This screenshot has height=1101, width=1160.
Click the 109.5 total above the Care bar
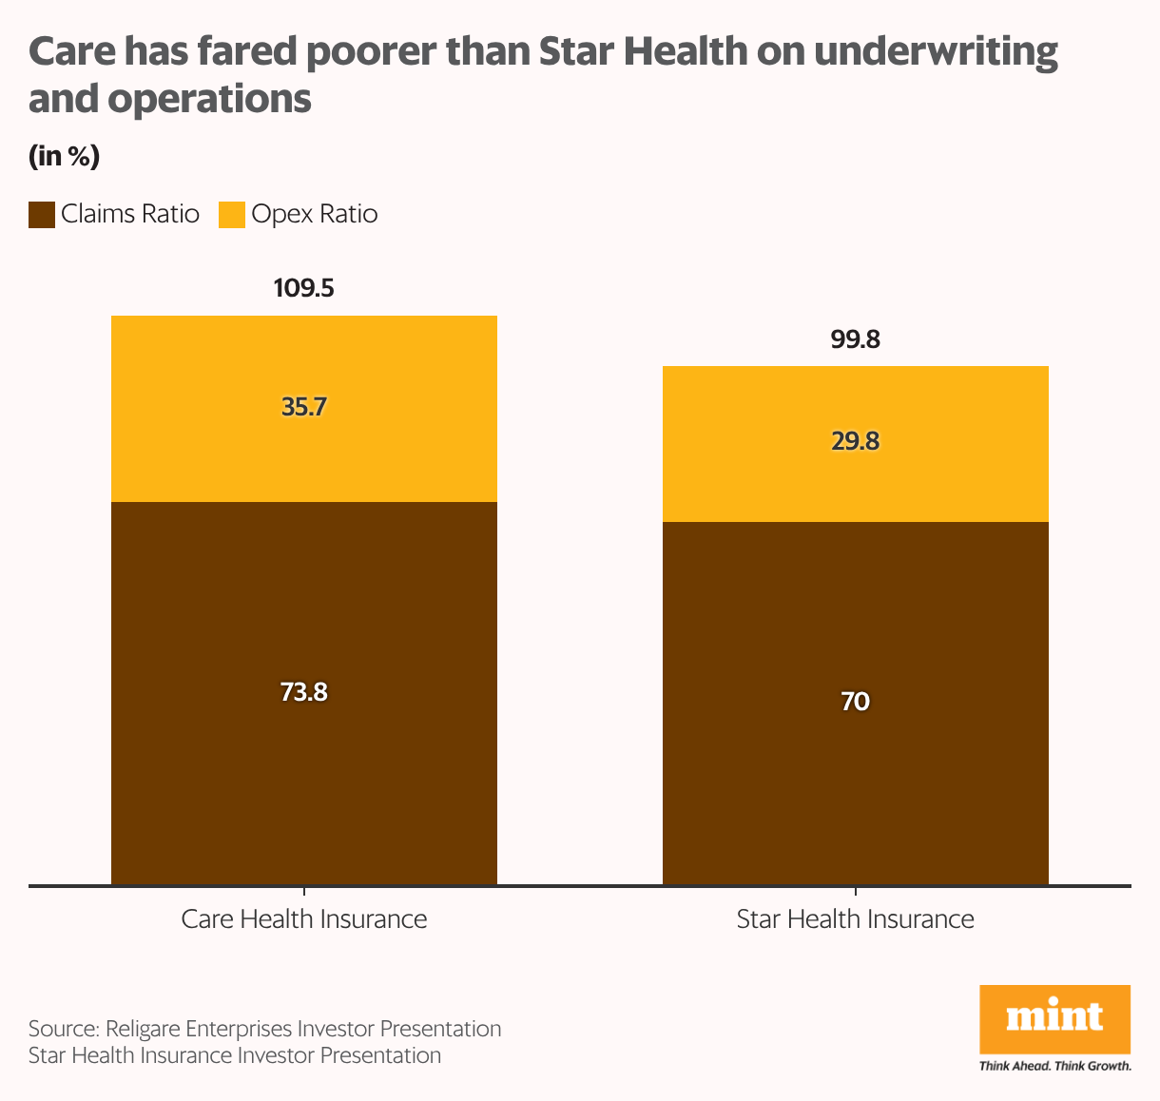[303, 288]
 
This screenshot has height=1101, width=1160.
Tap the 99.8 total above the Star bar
[855, 339]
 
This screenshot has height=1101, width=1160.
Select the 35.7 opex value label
[303, 407]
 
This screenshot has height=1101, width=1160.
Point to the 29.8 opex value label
[855, 441]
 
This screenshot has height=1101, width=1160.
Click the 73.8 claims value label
[303, 692]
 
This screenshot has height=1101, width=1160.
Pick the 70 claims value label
[855, 702]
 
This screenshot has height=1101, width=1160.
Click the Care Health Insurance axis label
[303, 919]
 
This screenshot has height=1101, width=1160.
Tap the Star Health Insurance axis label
[855, 919]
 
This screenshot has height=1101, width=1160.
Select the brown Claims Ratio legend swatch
[42, 215]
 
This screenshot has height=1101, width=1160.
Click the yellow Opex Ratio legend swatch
[232, 215]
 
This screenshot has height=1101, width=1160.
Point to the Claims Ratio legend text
[130, 214]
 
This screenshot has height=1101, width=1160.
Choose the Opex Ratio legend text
[315, 214]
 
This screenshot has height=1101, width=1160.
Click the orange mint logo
[1054, 1018]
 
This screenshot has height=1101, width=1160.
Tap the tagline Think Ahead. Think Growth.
[1054, 1066]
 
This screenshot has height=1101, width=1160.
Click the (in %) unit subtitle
[64, 157]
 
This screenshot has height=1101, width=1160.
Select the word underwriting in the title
[936, 52]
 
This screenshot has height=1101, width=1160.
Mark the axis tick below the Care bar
[304, 892]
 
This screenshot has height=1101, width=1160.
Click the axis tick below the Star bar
[856, 892]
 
